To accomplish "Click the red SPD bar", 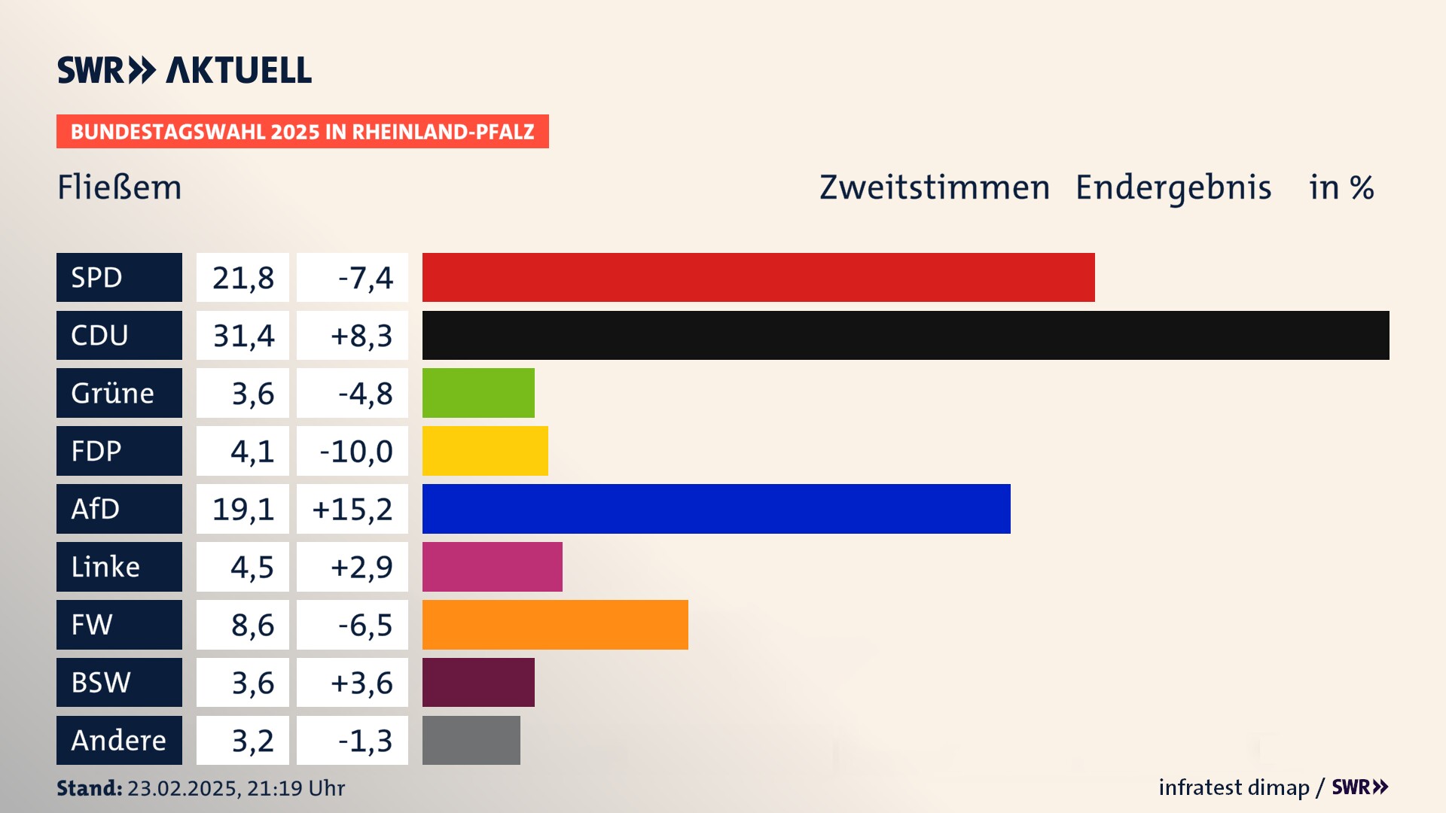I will pyautogui.click(x=758, y=277).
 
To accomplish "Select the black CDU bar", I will pyautogui.click(x=905, y=335).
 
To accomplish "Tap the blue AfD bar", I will pyautogui.click(x=715, y=509).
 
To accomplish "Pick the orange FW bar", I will pyautogui.click(x=555, y=625).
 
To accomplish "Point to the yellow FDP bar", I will pyautogui.click(x=485, y=451).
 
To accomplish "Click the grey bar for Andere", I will pyautogui.click(x=471, y=741).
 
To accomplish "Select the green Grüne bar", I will pyautogui.click(x=478, y=393).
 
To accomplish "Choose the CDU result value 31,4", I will pyautogui.click(x=243, y=336).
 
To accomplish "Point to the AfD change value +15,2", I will pyautogui.click(x=352, y=510).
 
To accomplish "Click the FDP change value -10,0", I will pyautogui.click(x=355, y=452).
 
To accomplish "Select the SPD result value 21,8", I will pyautogui.click(x=243, y=278).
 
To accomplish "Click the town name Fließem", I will pyautogui.click(x=120, y=187).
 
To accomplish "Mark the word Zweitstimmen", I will pyautogui.click(x=934, y=187).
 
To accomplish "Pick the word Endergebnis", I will pyautogui.click(x=1173, y=187).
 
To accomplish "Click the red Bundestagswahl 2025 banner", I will pyautogui.click(x=302, y=132).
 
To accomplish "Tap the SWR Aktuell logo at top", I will pyautogui.click(x=185, y=70).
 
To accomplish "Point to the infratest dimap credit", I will pyautogui.click(x=1233, y=787).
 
